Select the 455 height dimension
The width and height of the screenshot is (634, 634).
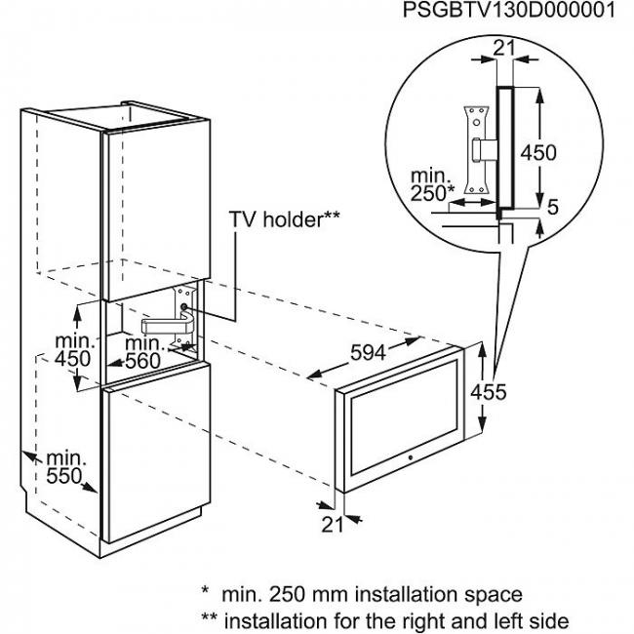503,392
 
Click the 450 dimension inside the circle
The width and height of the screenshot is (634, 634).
537,152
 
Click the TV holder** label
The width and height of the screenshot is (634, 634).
285,219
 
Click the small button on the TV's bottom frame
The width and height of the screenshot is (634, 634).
410,457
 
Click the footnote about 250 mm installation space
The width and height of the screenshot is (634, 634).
361,593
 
